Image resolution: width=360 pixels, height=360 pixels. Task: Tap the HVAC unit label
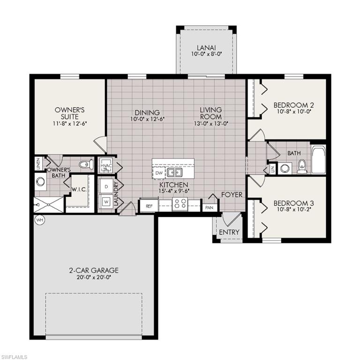(x=105, y=165)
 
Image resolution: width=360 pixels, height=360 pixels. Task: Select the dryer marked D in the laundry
(x=106, y=186)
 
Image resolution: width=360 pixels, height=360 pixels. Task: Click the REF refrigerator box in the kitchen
(x=149, y=205)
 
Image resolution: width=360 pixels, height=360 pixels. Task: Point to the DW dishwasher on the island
(x=158, y=173)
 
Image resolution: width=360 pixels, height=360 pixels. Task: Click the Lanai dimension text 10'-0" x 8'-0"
(x=206, y=54)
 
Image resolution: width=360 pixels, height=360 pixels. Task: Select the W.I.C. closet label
(x=78, y=190)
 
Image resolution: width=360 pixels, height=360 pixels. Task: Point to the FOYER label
(x=232, y=195)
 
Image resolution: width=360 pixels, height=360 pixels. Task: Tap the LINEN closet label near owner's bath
(x=38, y=163)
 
